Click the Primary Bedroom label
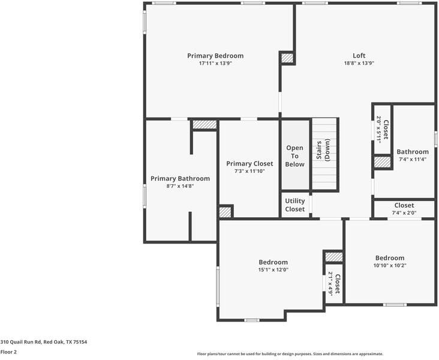tap(215, 56)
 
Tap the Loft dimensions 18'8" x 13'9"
tap(359, 63)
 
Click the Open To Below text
tap(294, 156)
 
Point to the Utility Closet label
tap(294, 205)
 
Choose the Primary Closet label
tap(249, 164)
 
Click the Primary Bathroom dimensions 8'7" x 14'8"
tap(180, 186)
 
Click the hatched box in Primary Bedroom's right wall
tap(287, 58)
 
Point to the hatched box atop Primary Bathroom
tap(205, 125)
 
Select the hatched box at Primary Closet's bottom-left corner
tap(225, 212)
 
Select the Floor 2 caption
tap(8, 352)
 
